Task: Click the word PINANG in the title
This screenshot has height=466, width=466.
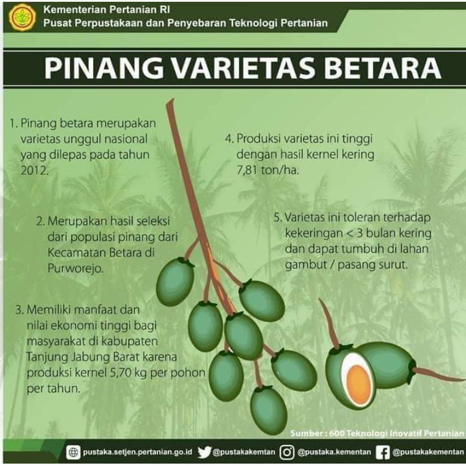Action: (98, 68)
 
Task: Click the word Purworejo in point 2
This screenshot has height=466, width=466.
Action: (74, 269)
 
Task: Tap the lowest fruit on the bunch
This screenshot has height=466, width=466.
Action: (269, 410)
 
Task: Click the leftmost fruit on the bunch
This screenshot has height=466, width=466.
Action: (175, 283)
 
